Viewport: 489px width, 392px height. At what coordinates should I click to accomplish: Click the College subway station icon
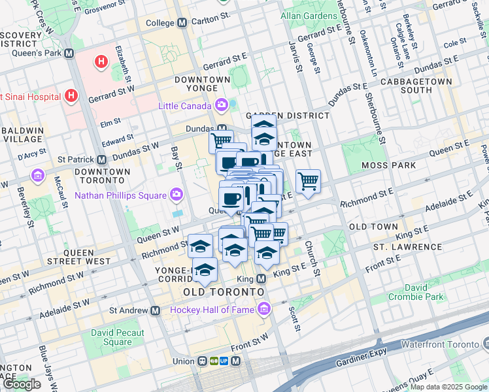tap(182, 22)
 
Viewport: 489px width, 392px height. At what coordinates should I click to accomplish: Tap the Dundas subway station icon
tap(222, 129)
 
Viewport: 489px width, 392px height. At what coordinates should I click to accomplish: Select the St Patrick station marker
tap(102, 159)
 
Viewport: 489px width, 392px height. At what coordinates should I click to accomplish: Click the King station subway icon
tap(261, 279)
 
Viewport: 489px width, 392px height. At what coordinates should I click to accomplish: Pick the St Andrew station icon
tap(156, 311)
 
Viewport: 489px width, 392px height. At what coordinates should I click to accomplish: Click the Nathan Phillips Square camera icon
tap(176, 195)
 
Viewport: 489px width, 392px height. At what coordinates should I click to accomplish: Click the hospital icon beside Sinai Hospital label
tap(72, 97)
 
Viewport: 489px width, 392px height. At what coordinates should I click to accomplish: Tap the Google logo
tap(22, 384)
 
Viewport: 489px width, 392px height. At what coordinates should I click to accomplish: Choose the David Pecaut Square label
tap(112, 337)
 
